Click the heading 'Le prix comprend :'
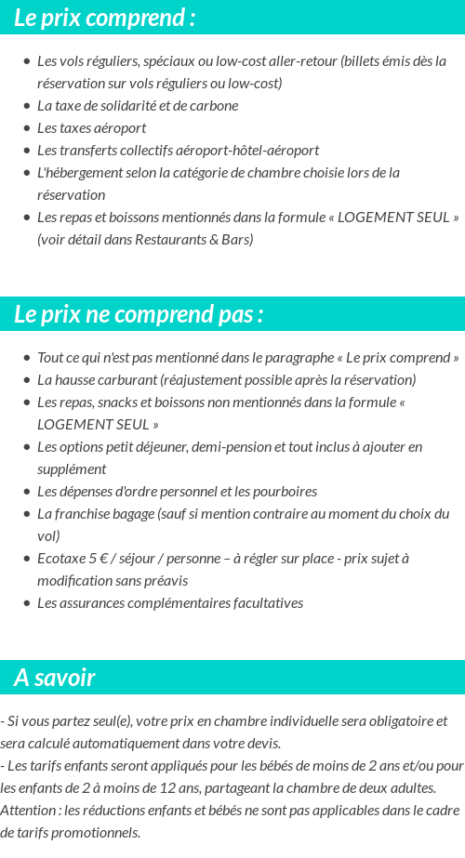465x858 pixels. pyautogui.click(x=104, y=18)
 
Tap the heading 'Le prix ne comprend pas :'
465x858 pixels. pyautogui.click(x=139, y=314)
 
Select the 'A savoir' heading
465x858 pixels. pyautogui.click(x=55, y=678)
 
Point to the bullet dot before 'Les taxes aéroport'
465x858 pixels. pyautogui.click(x=27, y=128)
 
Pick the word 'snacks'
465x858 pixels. pyautogui.click(x=119, y=402)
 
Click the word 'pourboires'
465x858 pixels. pyautogui.click(x=286, y=491)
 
